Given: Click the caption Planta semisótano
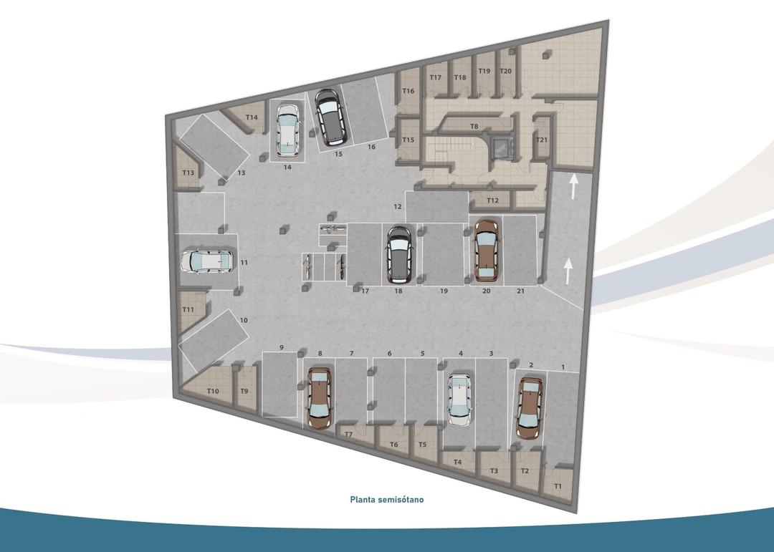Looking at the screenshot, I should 386,499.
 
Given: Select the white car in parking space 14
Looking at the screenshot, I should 288,130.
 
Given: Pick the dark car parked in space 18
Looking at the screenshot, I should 398,252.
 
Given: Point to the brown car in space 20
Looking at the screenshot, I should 486,250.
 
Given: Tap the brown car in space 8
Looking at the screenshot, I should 319,397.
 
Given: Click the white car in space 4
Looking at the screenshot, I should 459,400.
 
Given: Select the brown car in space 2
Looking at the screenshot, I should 530,407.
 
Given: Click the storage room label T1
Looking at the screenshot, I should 558,487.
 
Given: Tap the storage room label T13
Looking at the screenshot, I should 188,173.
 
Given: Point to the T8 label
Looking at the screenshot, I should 474,126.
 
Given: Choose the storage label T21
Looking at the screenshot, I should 542,140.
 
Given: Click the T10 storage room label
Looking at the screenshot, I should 212,391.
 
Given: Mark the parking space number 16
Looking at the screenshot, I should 371,147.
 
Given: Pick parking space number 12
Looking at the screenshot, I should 397,206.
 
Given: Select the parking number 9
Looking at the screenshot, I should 282,348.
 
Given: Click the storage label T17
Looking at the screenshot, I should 435,77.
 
